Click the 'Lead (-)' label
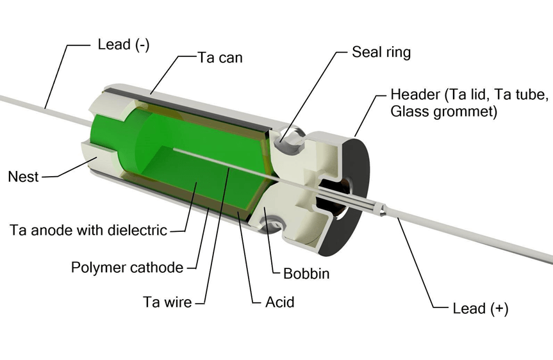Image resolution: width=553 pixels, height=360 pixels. pyautogui.click(x=124, y=45)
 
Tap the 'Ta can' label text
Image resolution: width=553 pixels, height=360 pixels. pyautogui.click(x=220, y=57)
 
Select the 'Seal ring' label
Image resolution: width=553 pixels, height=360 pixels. pyautogui.click(x=381, y=52)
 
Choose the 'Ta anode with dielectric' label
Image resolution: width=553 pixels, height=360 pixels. pyautogui.click(x=88, y=230)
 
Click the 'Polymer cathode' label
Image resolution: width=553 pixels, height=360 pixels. pyautogui.click(x=127, y=267)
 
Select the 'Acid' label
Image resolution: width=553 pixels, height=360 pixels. pyautogui.click(x=280, y=301)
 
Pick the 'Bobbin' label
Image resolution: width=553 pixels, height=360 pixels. pyautogui.click(x=306, y=274)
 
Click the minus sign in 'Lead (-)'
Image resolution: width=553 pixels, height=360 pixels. pyautogui.click(x=142, y=45)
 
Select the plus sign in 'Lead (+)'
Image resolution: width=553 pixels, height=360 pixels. pyautogui.click(x=499, y=309)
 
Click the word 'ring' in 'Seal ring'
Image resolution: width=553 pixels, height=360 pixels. pyautogui.click(x=397, y=53)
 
